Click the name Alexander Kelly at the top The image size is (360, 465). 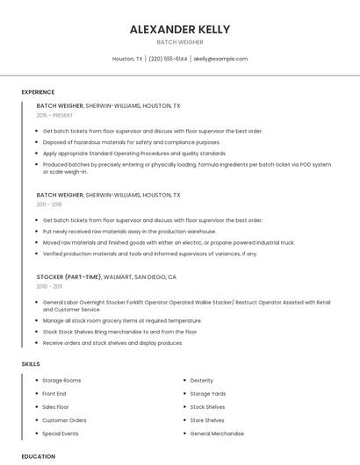[x=180, y=29]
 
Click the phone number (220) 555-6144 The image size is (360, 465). [x=168, y=59]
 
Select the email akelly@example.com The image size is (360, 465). [x=220, y=59]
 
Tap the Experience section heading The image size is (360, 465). [x=38, y=92]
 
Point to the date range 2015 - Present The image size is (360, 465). [x=54, y=115]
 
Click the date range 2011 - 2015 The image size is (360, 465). [x=49, y=204]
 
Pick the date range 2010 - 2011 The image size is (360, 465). [x=49, y=286]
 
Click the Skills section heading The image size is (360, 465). [x=31, y=363]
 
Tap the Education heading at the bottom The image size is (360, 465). [x=38, y=456]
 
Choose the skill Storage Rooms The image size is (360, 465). [x=61, y=380]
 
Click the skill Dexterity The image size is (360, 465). [x=201, y=380]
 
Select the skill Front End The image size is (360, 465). [x=54, y=394]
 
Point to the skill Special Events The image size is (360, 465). [x=60, y=433]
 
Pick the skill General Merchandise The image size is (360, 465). [x=217, y=433]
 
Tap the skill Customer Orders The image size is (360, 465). [x=64, y=420]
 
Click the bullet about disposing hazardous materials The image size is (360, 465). [x=132, y=142]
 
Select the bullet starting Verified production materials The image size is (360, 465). [x=149, y=254]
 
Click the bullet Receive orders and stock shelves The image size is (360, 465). [x=112, y=343]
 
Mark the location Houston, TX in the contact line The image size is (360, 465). [x=127, y=59]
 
